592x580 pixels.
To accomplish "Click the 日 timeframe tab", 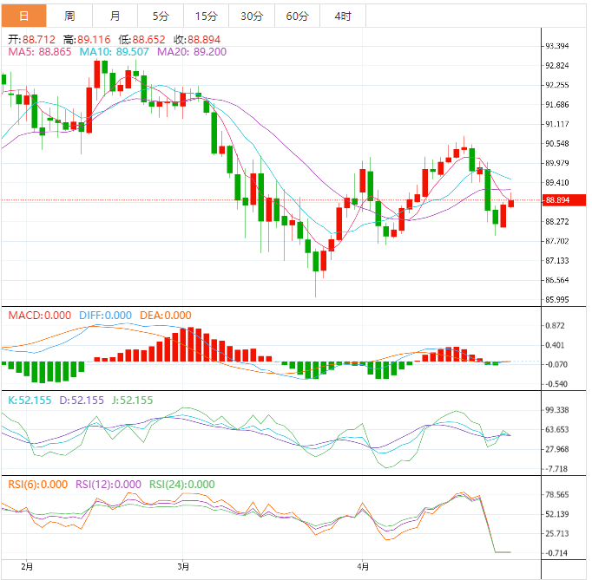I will [x=23, y=16].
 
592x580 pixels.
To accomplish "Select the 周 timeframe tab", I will [x=69, y=16].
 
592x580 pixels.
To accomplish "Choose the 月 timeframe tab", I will [x=115, y=16].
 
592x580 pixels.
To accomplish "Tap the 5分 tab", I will [x=161, y=16].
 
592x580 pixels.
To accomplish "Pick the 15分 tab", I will [x=207, y=16].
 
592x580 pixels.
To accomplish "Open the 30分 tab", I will [x=252, y=16].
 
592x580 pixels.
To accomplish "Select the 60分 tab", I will [x=297, y=16].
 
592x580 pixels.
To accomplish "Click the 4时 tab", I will [x=342, y=16].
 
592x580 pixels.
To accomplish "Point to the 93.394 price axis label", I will [x=556, y=46].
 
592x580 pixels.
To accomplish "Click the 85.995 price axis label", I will [x=556, y=300].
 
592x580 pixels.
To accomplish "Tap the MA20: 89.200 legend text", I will [x=192, y=52].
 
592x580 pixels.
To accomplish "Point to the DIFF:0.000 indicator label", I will [x=105, y=316].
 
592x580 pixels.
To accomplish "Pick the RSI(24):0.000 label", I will [x=182, y=485].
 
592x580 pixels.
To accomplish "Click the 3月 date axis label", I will [x=182, y=566].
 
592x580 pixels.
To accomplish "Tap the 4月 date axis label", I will [x=363, y=566].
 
